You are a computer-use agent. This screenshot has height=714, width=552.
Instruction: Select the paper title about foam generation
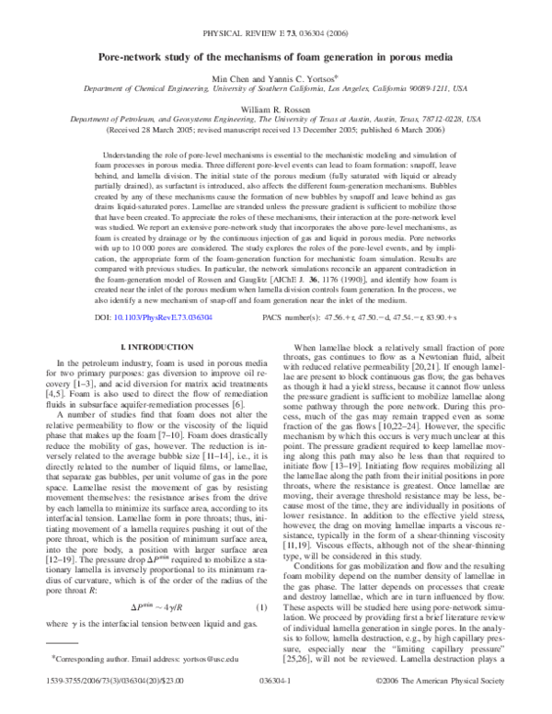[275, 55]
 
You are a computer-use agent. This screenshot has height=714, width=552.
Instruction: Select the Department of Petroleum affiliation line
[275, 120]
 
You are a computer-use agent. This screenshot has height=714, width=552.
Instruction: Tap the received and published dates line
[275, 131]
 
